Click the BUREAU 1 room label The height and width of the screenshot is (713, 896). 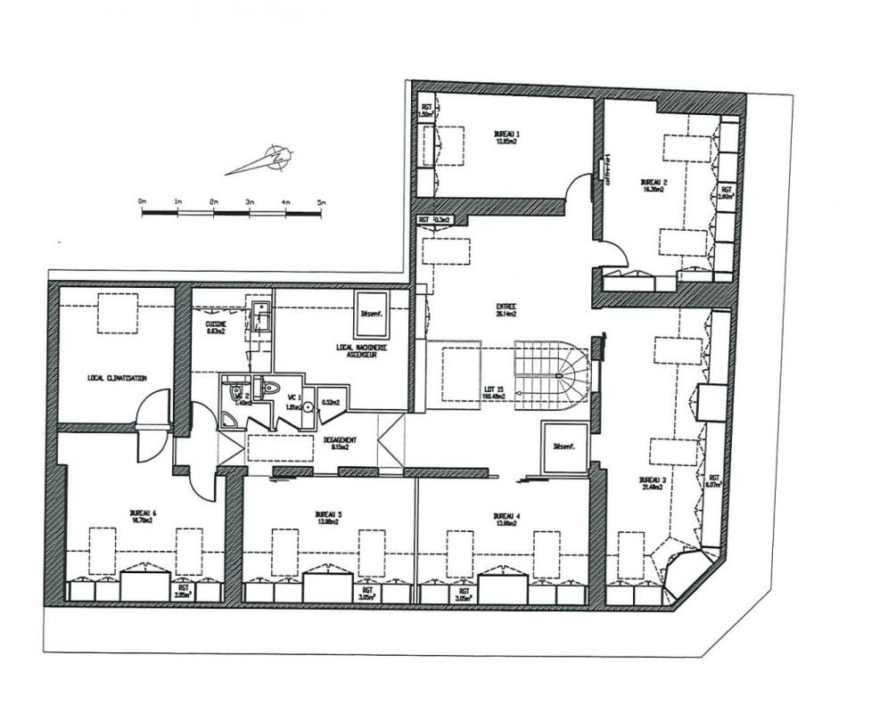tap(506, 136)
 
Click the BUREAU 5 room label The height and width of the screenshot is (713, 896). tap(328, 517)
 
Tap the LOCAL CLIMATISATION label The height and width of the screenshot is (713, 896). tap(116, 378)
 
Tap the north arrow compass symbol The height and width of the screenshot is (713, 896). tap(278, 158)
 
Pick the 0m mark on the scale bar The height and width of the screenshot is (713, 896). tap(143, 204)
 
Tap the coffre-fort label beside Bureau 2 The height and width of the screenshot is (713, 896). tap(609, 168)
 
